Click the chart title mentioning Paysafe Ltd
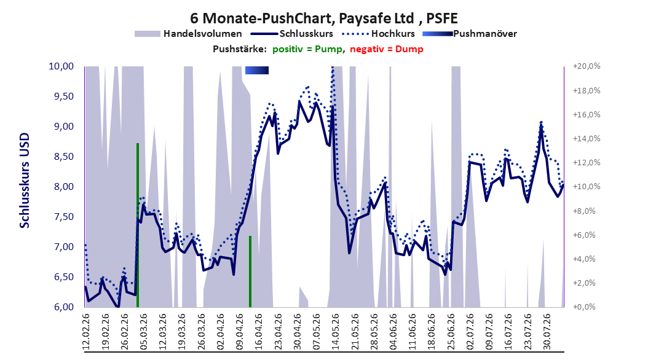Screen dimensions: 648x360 tap(323, 18)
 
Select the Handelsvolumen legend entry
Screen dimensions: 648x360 tap(189, 34)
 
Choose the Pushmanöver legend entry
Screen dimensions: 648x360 tap(470, 34)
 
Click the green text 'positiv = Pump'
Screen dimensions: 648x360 tap(307, 49)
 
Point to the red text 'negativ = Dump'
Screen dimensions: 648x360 tap(387, 49)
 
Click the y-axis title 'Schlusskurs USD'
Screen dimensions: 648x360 tap(25, 181)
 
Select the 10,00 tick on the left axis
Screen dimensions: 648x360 tap(61, 66)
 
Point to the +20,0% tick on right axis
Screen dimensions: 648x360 tap(587, 66)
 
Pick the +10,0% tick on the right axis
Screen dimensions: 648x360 tap(587, 187)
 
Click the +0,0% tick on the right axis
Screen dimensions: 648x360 tap(584, 307)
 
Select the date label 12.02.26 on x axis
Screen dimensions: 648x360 tap(86, 332)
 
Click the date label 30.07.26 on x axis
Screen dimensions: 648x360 tap(547, 332)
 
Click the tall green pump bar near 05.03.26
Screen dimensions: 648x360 tap(138, 225)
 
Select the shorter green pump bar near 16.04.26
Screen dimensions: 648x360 tap(250, 272)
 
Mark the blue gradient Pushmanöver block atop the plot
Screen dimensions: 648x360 tap(257, 70)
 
